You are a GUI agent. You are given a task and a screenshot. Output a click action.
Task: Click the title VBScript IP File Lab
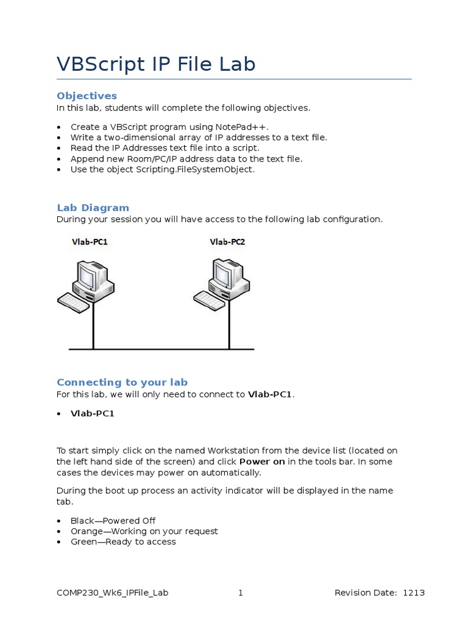click(156, 64)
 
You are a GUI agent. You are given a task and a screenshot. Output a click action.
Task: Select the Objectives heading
click(87, 96)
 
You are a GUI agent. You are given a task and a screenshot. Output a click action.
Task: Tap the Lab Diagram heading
click(93, 208)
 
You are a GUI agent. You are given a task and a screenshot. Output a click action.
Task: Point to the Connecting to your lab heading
click(122, 382)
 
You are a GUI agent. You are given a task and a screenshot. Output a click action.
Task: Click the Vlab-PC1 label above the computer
click(90, 242)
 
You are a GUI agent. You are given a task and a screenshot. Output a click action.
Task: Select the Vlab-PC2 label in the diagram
click(227, 242)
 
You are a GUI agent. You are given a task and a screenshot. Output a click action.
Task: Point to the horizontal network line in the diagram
click(161, 349)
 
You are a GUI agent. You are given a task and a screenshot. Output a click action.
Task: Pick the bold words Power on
click(262, 461)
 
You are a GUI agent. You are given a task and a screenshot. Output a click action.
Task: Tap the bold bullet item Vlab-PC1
click(92, 413)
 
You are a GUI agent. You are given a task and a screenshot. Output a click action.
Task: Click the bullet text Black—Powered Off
click(113, 520)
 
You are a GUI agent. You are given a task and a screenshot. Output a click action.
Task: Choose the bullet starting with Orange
click(144, 531)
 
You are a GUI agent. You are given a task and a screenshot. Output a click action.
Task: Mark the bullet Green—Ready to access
click(123, 542)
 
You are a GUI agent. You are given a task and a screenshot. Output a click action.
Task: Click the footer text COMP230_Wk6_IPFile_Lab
click(112, 593)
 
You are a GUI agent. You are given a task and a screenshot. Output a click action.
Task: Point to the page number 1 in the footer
click(241, 593)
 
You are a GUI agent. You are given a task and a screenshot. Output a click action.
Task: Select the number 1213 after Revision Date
click(414, 593)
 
